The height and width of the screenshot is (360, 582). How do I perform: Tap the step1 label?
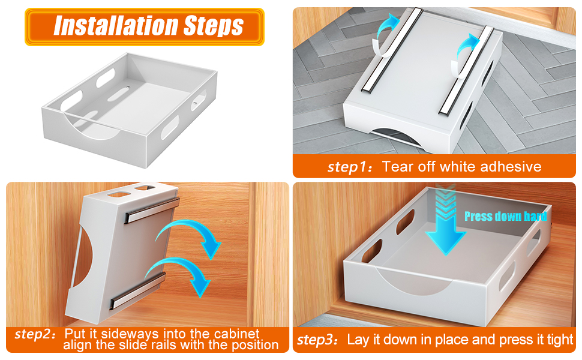(x=349, y=167)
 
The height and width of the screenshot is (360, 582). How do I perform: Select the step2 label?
(x=35, y=334)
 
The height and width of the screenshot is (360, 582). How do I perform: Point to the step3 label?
(x=319, y=340)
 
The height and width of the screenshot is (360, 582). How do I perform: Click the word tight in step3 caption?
(x=560, y=340)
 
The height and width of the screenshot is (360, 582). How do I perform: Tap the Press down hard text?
(x=505, y=216)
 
